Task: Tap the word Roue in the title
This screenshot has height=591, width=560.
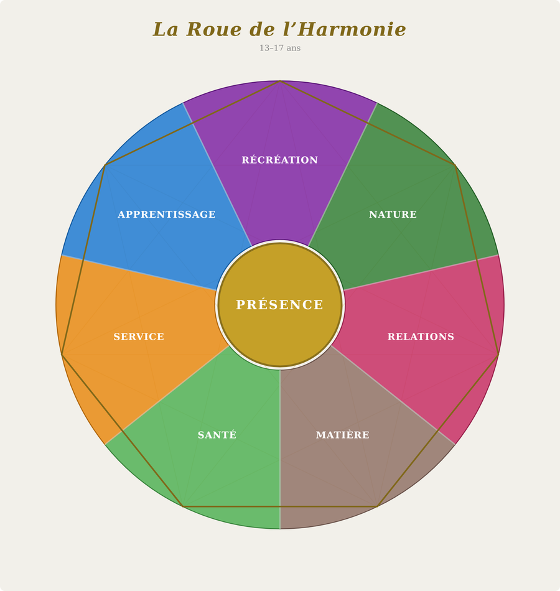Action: click(213, 29)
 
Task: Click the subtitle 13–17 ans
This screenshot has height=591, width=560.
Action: click(280, 48)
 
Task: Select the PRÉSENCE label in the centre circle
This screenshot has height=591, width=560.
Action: click(280, 305)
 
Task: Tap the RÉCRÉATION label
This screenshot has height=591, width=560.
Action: click(280, 160)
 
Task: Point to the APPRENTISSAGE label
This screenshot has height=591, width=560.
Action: click(167, 215)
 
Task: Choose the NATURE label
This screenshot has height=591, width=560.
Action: click(393, 215)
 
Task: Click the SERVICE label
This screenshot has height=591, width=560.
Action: click(139, 337)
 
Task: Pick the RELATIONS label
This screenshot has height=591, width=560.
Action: click(421, 337)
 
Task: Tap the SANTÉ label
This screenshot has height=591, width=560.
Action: click(217, 435)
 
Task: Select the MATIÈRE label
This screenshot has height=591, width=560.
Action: click(343, 435)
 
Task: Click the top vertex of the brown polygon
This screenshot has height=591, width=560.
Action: click(280, 81)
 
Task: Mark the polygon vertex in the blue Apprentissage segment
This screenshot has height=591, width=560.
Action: click(105, 165)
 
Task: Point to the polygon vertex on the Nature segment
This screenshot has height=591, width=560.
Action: click(455, 165)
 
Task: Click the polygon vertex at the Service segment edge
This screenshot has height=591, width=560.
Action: click(62, 355)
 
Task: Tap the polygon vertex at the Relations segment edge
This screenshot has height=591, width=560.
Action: click(498, 355)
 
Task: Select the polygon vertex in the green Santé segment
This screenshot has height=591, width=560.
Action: click(182, 506)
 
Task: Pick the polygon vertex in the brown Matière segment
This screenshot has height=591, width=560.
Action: click(377, 506)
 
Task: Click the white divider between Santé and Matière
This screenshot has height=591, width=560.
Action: click(280, 449)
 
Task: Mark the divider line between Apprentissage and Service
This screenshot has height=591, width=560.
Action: click(139, 272)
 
